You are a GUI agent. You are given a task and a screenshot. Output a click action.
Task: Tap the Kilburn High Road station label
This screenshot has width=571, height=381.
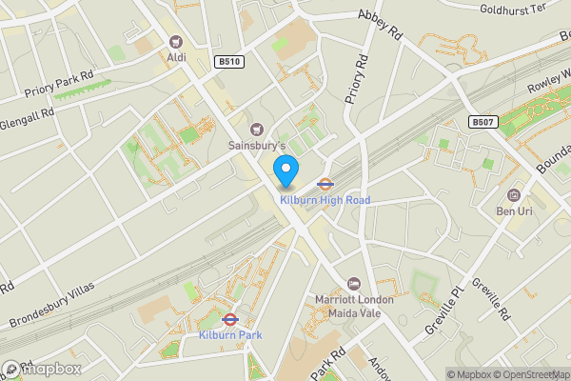(324, 199)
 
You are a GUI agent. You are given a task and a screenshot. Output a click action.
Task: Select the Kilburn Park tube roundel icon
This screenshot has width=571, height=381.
(228, 320)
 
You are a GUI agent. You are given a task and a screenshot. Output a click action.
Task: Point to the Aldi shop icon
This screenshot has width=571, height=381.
(175, 41)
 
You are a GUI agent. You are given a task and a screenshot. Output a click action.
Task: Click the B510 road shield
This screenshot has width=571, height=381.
(227, 62)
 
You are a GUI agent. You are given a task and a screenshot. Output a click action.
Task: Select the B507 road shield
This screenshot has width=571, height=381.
(482, 122)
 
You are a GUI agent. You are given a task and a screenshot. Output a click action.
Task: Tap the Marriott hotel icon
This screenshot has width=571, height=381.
(354, 283)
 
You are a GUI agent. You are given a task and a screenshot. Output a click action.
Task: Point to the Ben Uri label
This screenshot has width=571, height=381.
(514, 209)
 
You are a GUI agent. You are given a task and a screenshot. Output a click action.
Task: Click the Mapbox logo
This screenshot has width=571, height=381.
(42, 369)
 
